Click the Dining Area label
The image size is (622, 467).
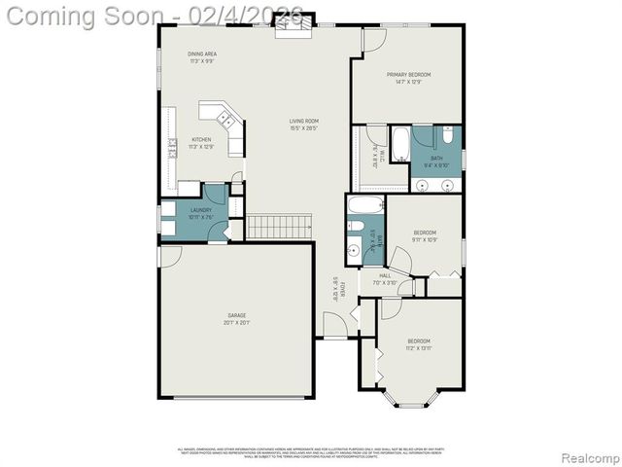click(201, 54)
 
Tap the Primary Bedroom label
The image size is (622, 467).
click(408, 74)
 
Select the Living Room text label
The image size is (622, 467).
click(304, 121)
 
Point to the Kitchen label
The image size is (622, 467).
click(201, 139)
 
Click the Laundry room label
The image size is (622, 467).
click(201, 210)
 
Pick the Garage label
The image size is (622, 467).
click(236, 315)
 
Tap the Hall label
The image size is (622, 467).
click(385, 275)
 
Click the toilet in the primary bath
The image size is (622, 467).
click(447, 134)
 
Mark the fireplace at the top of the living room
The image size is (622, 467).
click(289, 30)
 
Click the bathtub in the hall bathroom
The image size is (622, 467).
click(365, 205)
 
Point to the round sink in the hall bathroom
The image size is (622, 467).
click(354, 250)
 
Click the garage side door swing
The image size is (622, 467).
click(170, 255)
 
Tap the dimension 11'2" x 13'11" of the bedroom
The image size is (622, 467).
click(419, 347)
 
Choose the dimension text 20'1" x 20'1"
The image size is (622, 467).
click(236, 322)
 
